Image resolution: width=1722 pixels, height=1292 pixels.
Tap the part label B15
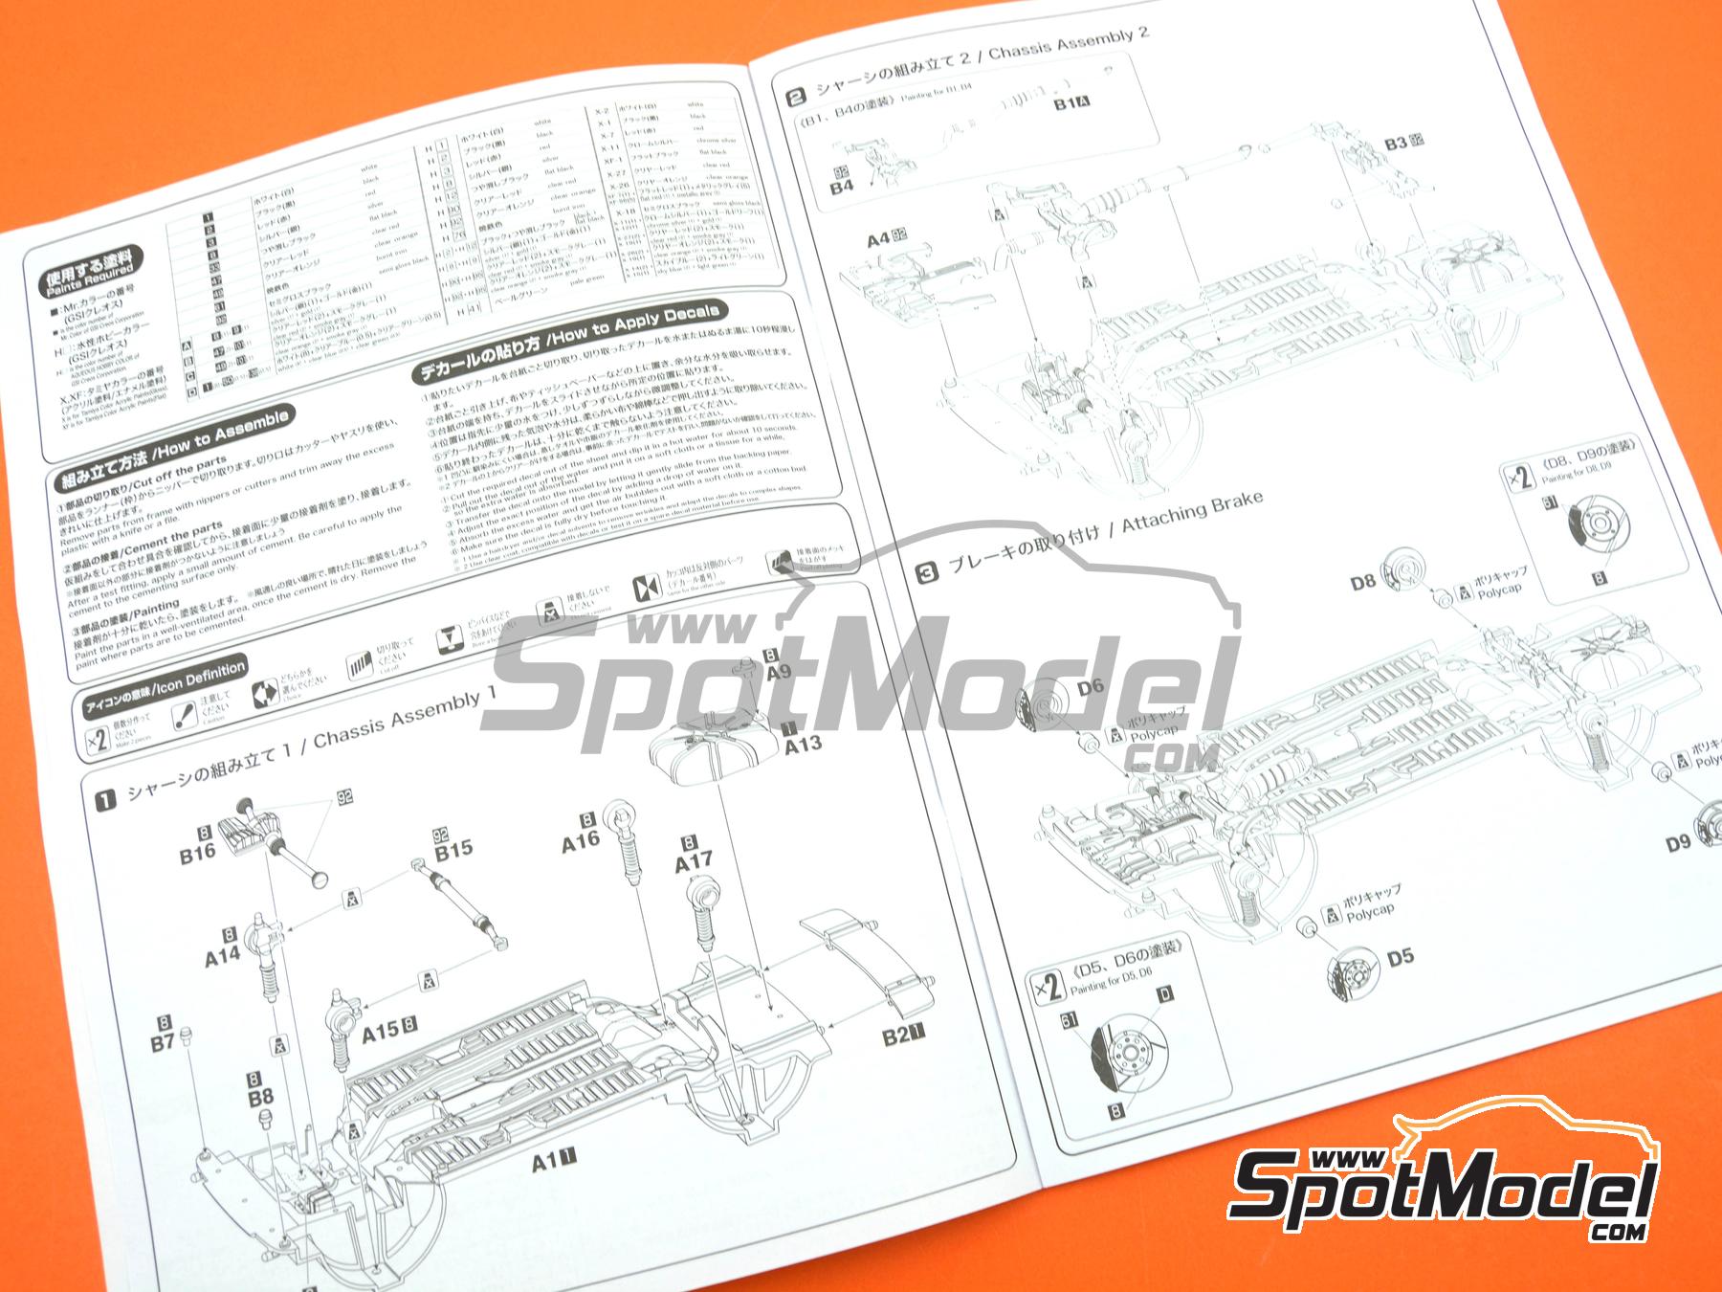[453, 848]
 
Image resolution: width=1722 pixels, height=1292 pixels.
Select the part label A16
[580, 840]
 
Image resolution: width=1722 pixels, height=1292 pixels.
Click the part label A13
[803, 743]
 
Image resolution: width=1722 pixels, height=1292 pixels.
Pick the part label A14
[222, 954]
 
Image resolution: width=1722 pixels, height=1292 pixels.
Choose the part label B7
[163, 1042]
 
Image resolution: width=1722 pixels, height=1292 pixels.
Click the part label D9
[1678, 843]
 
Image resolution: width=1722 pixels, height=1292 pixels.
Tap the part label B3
[1396, 144]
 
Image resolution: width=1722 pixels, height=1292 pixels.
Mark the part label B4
[841, 187]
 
